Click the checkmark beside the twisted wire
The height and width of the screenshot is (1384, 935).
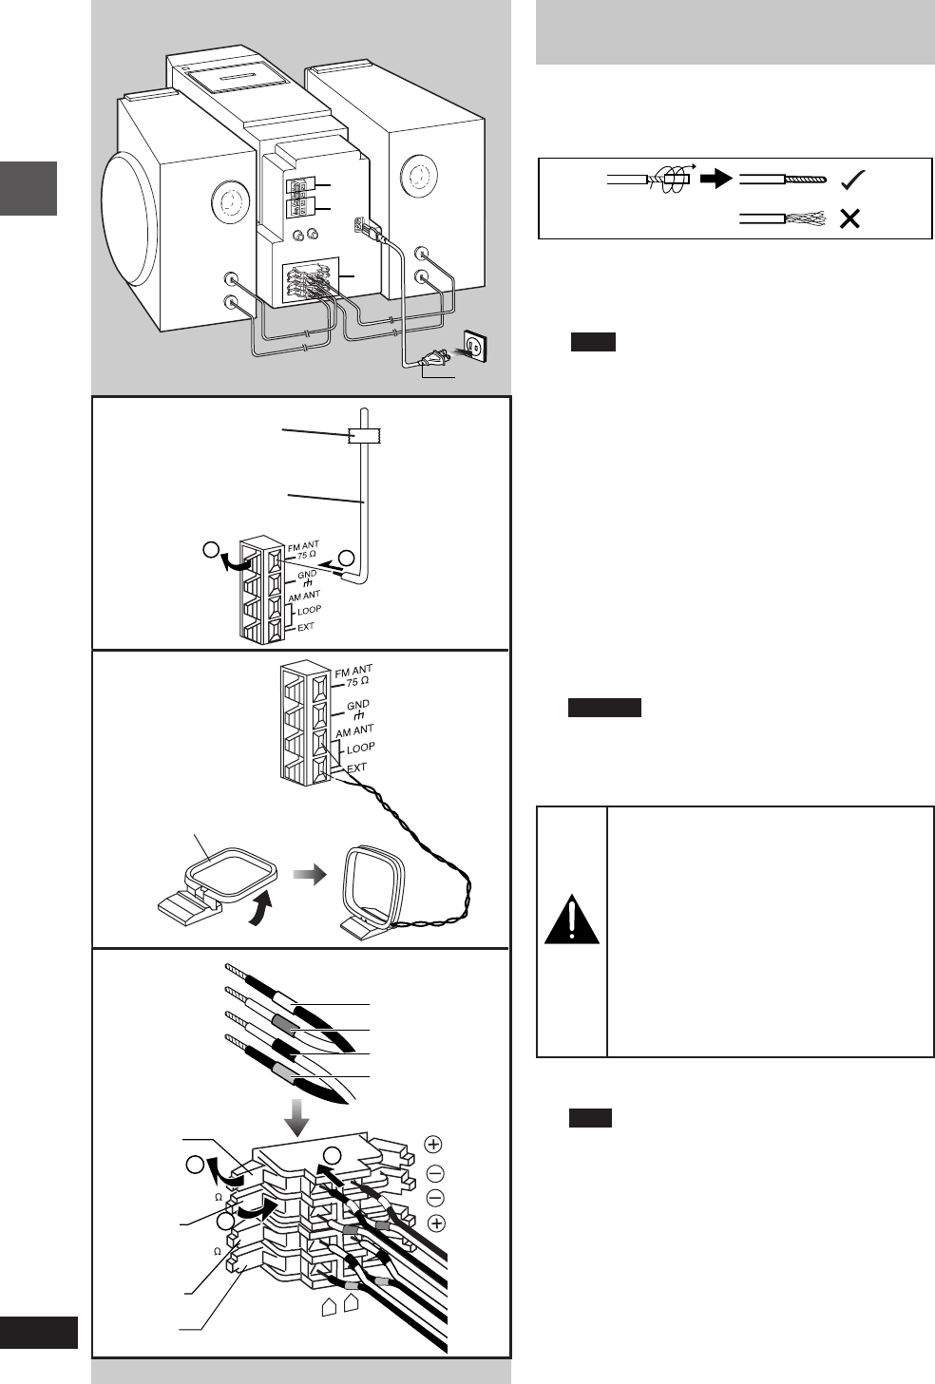(852, 179)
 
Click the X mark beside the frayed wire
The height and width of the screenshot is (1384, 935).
(850, 218)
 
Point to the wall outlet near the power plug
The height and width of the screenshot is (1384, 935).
(476, 345)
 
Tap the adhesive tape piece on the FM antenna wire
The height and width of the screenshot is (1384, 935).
(364, 436)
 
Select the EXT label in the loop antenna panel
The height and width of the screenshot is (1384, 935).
(356, 768)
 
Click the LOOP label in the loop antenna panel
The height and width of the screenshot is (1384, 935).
(360, 748)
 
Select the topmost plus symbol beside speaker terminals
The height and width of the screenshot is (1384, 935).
(433, 1144)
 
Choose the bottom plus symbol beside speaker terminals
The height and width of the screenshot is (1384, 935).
(436, 1223)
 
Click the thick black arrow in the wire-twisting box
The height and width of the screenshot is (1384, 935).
(716, 179)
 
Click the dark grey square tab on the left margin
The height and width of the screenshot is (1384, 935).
(29, 188)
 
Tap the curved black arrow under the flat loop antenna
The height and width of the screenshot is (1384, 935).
(259, 909)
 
